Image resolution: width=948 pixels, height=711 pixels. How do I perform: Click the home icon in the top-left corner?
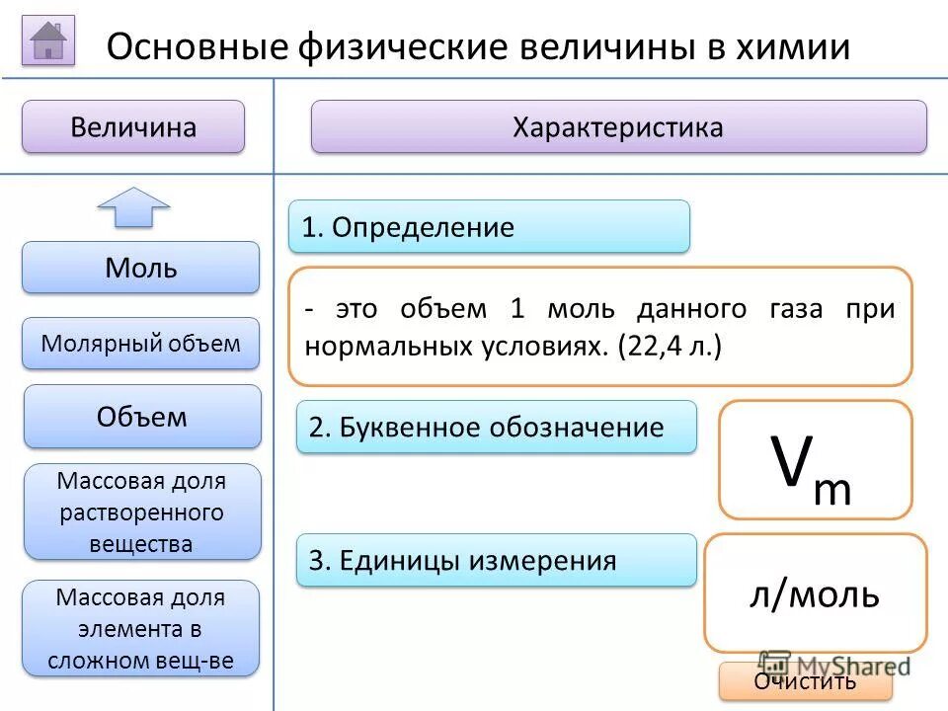48,40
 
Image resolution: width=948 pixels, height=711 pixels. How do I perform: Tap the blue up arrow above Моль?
133,207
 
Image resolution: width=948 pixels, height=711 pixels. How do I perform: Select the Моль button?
141,268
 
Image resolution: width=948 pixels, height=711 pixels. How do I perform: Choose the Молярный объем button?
141,344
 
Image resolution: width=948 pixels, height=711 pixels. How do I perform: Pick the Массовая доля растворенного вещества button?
142,512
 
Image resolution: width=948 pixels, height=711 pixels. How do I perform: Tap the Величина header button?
133,127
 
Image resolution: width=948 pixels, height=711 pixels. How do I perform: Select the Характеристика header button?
618,127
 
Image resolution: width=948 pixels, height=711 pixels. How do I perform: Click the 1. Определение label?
489,227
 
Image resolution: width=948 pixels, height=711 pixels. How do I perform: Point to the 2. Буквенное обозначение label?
497,428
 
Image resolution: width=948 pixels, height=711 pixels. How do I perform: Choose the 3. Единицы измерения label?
497,561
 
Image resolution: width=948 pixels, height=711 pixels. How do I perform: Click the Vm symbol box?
815,460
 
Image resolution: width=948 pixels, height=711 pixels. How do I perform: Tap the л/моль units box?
815,592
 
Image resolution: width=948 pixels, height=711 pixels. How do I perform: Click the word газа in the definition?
791,309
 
